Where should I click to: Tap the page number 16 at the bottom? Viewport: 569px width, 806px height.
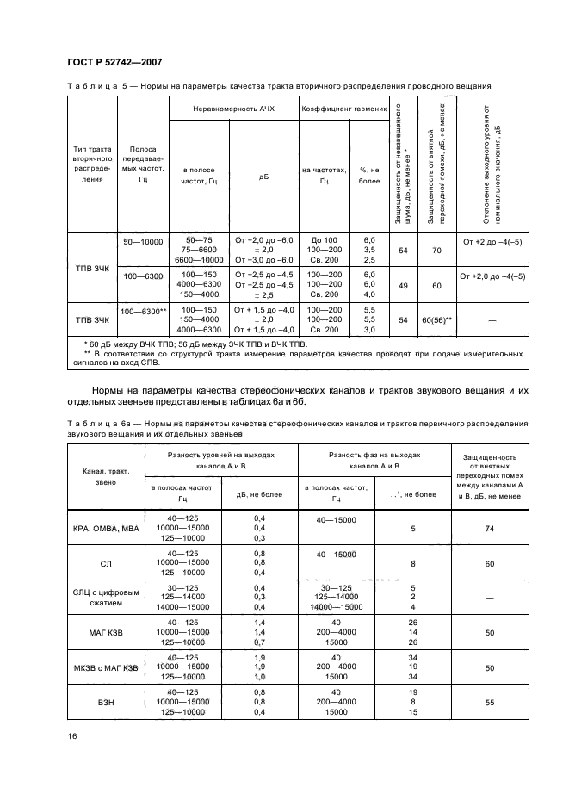72,736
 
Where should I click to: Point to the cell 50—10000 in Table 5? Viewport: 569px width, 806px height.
142,243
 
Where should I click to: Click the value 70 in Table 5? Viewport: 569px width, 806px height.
436,250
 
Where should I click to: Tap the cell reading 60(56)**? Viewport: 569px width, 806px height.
436,319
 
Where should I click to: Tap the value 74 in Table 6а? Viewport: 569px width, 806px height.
489,528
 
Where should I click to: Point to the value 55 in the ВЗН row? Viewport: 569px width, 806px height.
489,703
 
